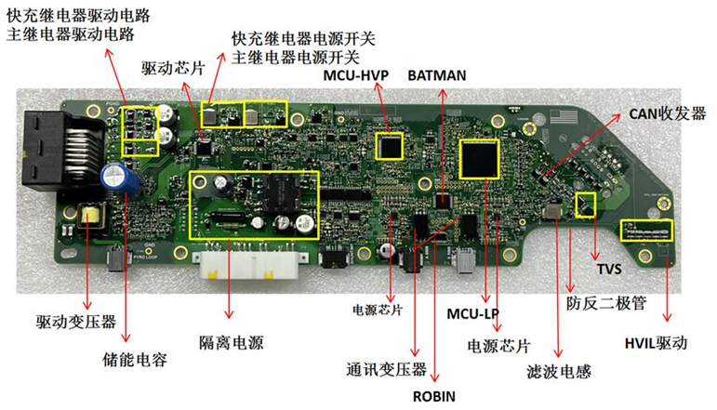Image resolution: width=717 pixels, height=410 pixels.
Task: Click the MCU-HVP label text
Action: pyautogui.click(x=356, y=75)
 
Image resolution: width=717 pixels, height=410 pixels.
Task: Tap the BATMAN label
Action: pyautogui.click(x=437, y=75)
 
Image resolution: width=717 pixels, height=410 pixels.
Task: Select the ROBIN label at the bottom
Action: pyautogui.click(x=434, y=396)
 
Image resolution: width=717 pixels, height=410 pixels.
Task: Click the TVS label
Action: pyautogui.click(x=609, y=269)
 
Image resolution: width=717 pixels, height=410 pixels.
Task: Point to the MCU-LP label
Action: pyautogui.click(x=472, y=314)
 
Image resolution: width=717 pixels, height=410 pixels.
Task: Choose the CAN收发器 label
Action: pyautogui.click(x=667, y=113)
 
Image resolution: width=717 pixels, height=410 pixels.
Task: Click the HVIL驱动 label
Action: pyautogui.click(x=657, y=343)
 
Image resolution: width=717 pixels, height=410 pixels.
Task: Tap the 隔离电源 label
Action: pyautogui.click(x=232, y=343)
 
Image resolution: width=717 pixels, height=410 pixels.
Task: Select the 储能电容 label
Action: pyautogui.click(x=135, y=360)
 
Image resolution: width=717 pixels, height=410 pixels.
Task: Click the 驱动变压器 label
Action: pyautogui.click(x=76, y=322)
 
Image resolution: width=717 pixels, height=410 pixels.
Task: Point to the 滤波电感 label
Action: pyautogui.click(x=559, y=372)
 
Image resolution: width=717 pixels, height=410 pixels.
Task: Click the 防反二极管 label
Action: pyautogui.click(x=606, y=303)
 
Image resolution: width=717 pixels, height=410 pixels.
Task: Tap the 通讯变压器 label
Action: pyautogui.click(x=386, y=369)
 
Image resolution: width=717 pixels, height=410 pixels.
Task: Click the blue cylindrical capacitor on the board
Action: pyautogui.click(x=116, y=179)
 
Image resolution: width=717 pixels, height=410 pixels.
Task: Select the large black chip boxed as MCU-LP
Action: pyautogui.click(x=479, y=159)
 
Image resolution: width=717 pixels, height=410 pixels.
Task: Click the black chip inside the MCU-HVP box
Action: pyautogui.click(x=389, y=146)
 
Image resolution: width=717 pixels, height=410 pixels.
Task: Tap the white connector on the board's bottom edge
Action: pyautogui.click(x=249, y=265)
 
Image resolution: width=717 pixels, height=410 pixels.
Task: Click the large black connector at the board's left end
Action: pyautogui.click(x=46, y=150)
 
